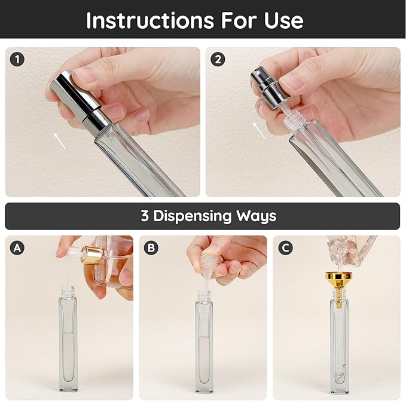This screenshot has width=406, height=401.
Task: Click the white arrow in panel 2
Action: pos(258,130)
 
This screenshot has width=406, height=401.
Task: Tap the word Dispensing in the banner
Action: pos(197,216)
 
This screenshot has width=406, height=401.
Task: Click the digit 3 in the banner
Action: pos(145,216)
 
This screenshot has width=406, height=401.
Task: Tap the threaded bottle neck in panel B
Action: pos(203,295)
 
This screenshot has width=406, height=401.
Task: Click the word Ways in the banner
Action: pos(258,216)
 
